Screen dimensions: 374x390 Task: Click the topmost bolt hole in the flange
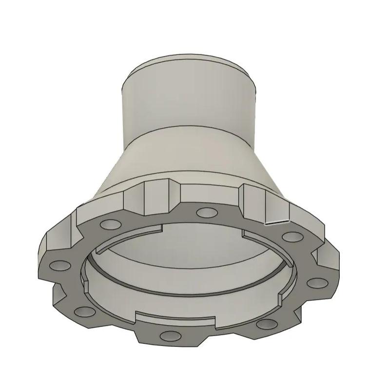tap(206, 212)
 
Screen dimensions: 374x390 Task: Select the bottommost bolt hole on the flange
tap(170, 336)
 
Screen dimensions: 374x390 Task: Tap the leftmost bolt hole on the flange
tap(60, 266)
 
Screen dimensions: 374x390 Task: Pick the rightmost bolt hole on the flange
tap(317, 283)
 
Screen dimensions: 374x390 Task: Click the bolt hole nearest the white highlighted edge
tap(292, 237)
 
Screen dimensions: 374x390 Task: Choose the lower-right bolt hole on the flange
tap(267, 323)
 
